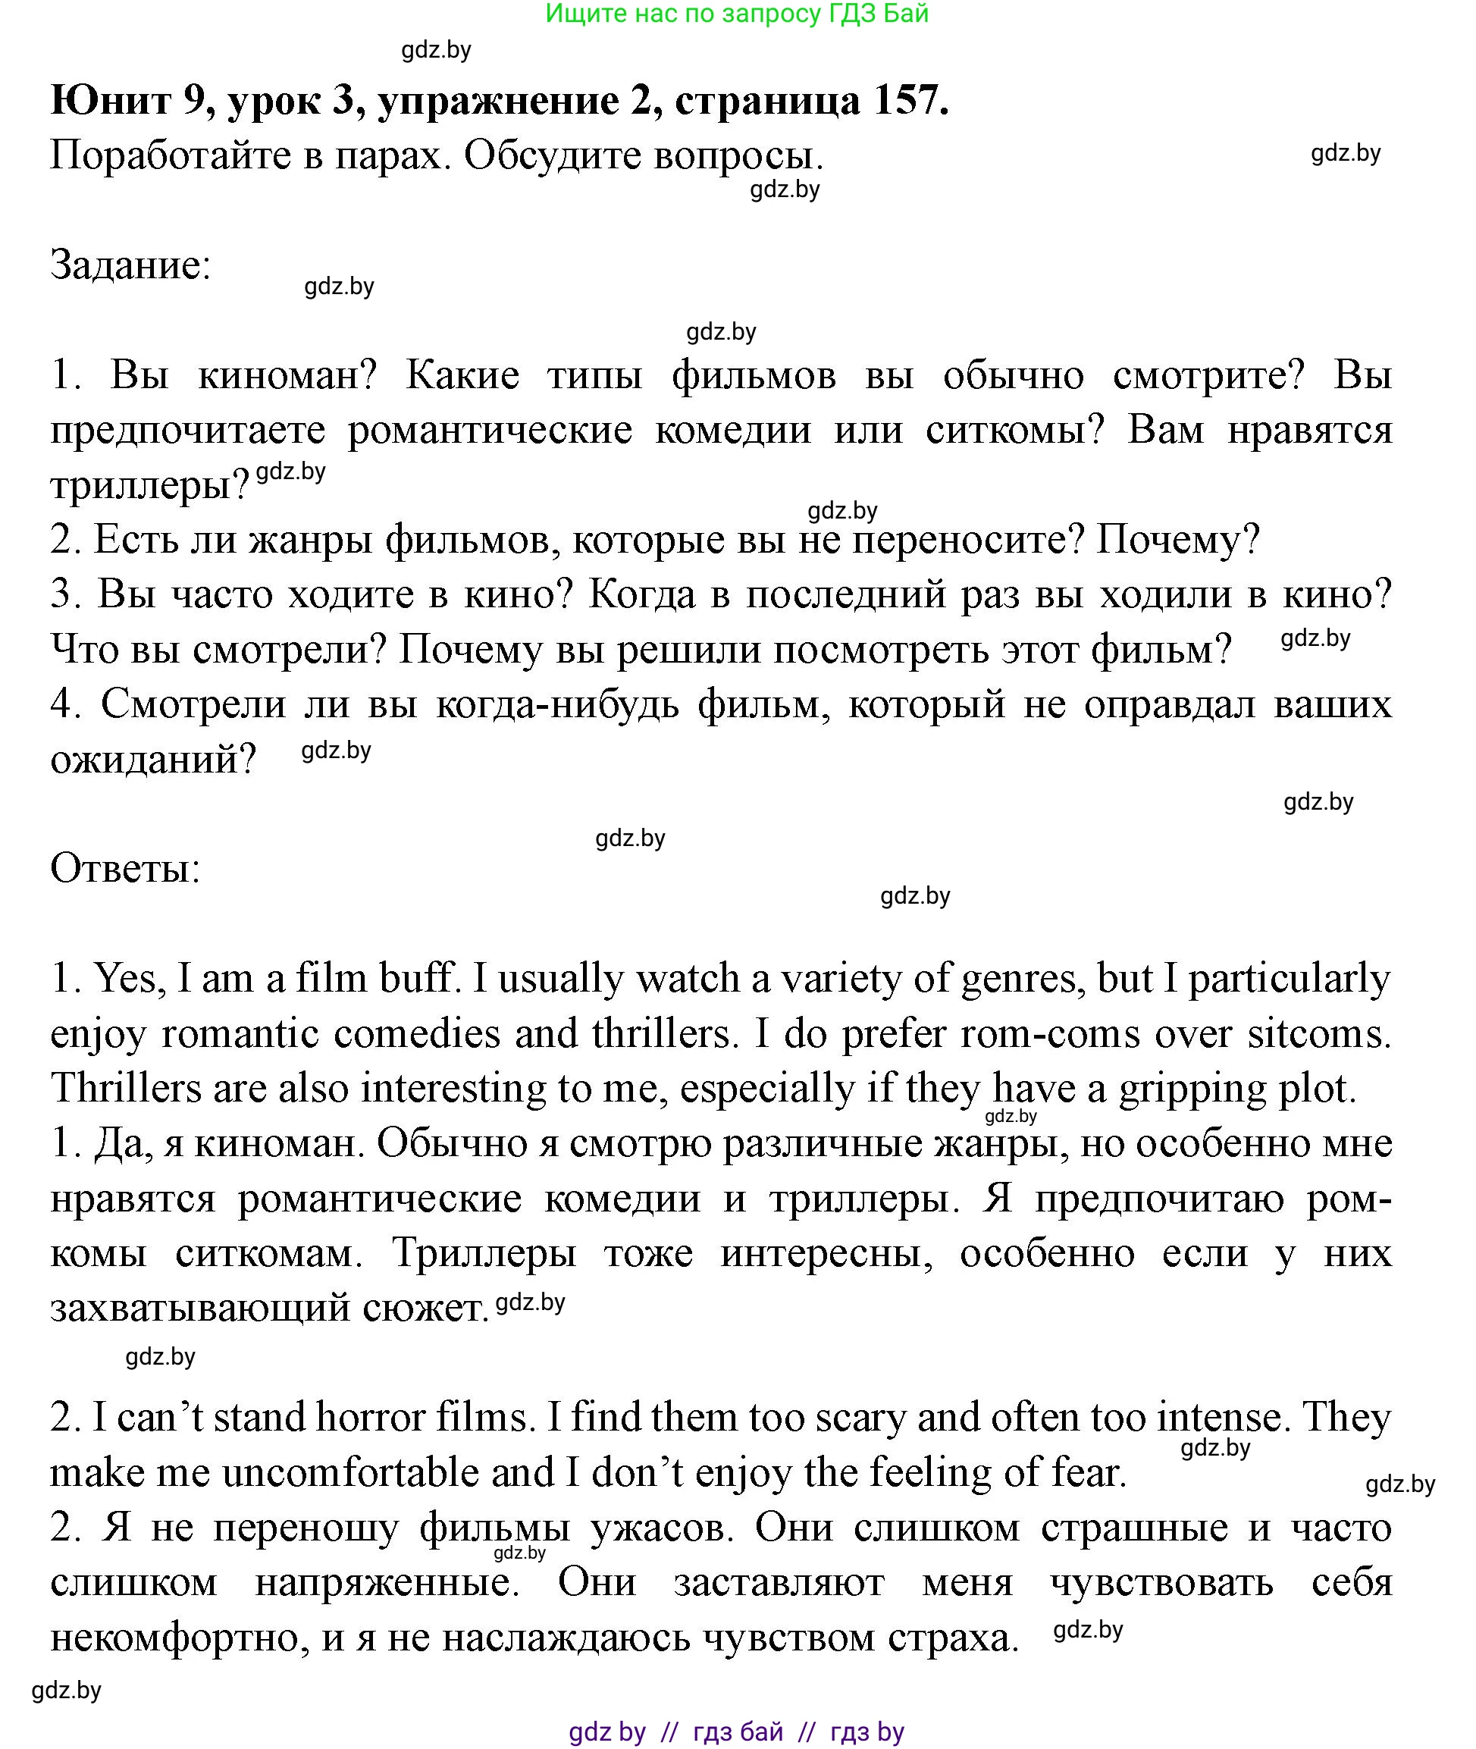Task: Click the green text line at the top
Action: [x=736, y=14]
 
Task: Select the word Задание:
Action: [x=130, y=266]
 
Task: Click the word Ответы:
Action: [x=126, y=868]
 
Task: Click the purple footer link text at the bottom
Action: [x=736, y=1731]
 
